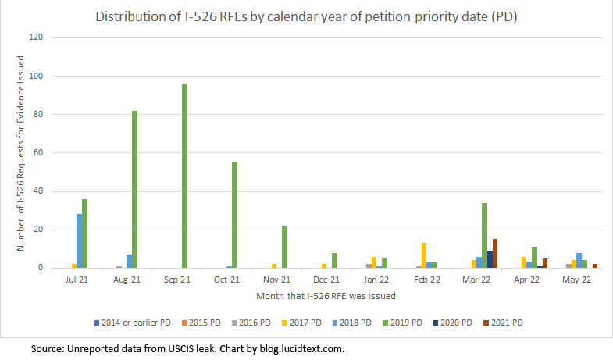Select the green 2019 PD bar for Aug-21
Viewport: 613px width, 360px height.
[134, 189]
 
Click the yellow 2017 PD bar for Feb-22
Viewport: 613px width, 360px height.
[423, 255]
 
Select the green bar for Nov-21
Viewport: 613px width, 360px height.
[284, 247]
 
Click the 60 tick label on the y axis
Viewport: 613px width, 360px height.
[45, 153]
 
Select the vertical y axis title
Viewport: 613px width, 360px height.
[21, 153]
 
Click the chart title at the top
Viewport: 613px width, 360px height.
[306, 16]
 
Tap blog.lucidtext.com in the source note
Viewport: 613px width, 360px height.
[300, 348]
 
